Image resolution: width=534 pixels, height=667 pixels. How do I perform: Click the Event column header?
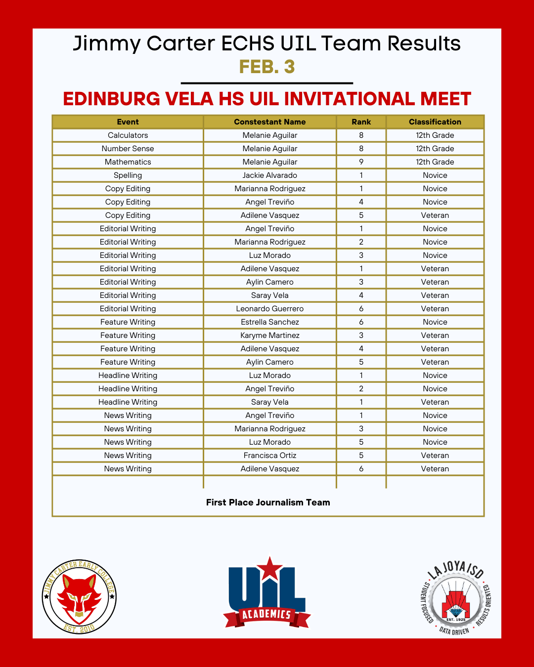[128, 122]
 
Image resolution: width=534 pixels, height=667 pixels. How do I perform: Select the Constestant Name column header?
[269, 122]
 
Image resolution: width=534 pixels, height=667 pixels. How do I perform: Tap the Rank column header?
[361, 122]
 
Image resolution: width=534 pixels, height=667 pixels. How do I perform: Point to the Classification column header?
[435, 122]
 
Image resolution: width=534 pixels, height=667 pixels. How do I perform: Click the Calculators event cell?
[128, 135]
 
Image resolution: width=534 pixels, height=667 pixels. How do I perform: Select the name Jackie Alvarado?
[269, 175]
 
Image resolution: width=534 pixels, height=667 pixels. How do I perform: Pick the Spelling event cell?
[128, 175]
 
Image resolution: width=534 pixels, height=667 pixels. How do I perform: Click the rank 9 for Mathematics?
[361, 162]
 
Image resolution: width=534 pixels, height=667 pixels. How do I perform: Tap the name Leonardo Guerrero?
[269, 309]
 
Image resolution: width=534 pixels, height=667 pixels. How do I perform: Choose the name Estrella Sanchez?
[269, 322]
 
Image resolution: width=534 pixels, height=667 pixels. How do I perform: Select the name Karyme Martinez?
[269, 335]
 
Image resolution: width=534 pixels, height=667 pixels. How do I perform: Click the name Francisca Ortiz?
[269, 456]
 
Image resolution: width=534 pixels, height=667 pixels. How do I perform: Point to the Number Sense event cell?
[128, 149]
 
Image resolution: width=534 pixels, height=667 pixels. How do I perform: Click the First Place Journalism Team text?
[268, 502]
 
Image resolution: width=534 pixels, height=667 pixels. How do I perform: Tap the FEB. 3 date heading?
[267, 67]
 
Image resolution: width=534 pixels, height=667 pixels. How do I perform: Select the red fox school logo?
[79, 597]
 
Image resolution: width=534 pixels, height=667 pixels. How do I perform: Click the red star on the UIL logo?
[269, 569]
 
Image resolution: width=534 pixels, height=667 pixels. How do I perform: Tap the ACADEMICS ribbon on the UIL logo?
[267, 615]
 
